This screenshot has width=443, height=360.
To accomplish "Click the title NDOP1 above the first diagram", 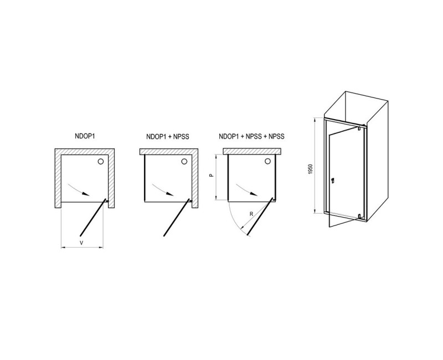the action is pos(85,136).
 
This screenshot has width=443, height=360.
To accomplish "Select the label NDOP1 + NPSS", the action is pos(168,137).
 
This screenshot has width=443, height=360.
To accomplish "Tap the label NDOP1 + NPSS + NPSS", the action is pos(252,136).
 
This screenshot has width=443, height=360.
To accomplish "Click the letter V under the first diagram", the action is pos(81,243).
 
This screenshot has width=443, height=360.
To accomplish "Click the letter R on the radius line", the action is pos(251,214).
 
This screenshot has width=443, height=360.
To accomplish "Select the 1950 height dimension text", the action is pos(311,169).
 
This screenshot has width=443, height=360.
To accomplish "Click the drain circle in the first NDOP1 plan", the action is pos(101,161).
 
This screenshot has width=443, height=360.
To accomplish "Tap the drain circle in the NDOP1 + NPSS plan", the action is pos(184,161).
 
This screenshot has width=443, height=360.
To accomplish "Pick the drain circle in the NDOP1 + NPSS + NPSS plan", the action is pos(267,161).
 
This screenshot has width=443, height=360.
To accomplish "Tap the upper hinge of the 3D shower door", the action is pos(359,128).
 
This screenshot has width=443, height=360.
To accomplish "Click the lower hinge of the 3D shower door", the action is pos(359,217).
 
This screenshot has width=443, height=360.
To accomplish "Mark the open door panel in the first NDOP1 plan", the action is pos(93,217).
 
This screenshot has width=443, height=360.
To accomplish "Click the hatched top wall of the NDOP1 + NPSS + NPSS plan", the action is pos(253,151).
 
